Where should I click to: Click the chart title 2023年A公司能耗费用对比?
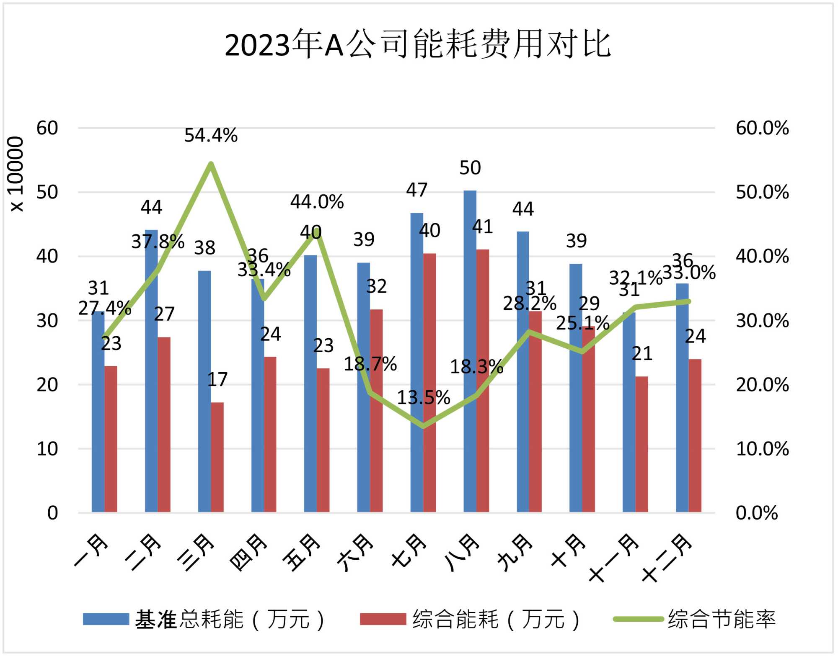pos(418,44)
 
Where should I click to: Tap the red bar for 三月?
pos(217,457)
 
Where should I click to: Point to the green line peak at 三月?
pos(211,164)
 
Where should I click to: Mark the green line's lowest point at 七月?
pos(423,426)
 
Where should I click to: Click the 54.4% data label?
pos(211,135)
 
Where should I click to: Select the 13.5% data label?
pos(423,397)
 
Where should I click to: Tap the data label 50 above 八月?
pos(470,168)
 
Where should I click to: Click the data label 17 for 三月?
pos(217,379)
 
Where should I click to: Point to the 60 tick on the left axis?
pos(47,128)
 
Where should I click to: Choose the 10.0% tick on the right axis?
pos(762,449)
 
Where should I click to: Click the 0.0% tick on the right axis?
pos(757,513)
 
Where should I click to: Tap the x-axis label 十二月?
pos(666,559)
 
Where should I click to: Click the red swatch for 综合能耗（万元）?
pos(383,619)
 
